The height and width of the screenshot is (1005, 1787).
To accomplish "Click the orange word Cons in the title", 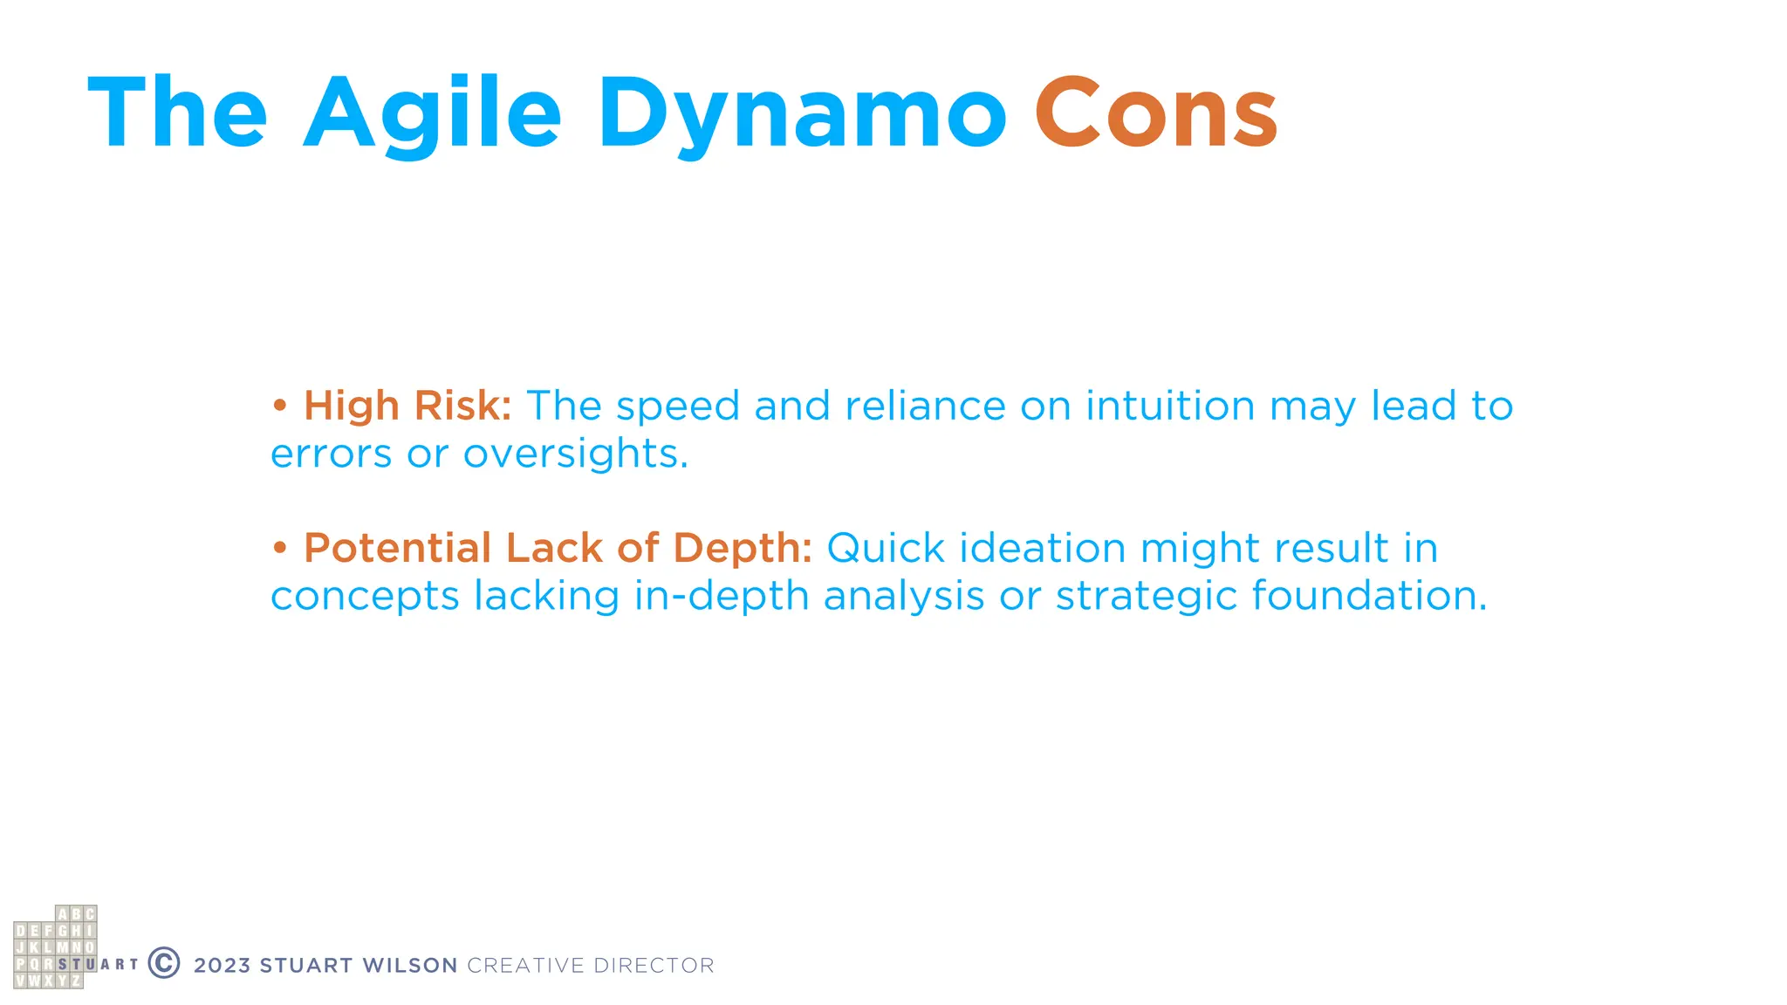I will tap(1156, 113).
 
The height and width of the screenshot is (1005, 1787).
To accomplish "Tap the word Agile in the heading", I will tap(433, 113).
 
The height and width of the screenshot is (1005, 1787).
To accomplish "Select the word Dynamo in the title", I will tap(802, 113).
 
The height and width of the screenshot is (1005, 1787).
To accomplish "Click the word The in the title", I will tap(178, 113).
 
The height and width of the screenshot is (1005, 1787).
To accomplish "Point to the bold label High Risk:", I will tap(407, 406).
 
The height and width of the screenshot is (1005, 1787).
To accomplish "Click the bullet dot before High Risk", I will tap(279, 406).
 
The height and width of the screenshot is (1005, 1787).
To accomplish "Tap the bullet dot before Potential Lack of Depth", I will tap(279, 549).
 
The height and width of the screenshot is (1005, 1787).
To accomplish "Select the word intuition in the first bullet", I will tap(1170, 406).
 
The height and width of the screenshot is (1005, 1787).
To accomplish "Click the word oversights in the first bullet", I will tap(575, 454).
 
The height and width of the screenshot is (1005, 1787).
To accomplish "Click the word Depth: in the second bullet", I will tap(743, 549).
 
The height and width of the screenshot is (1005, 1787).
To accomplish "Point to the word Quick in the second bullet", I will tap(886, 549).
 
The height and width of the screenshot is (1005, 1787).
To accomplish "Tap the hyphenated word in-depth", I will tap(722, 597).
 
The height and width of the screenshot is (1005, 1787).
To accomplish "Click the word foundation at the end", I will tap(1368, 597).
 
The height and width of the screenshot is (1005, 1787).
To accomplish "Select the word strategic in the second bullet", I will tap(1147, 597).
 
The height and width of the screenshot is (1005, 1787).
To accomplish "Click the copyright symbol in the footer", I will tap(164, 963).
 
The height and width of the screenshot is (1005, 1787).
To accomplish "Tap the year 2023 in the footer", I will tap(222, 966).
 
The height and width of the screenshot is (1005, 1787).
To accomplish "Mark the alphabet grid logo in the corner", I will tap(56, 947).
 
